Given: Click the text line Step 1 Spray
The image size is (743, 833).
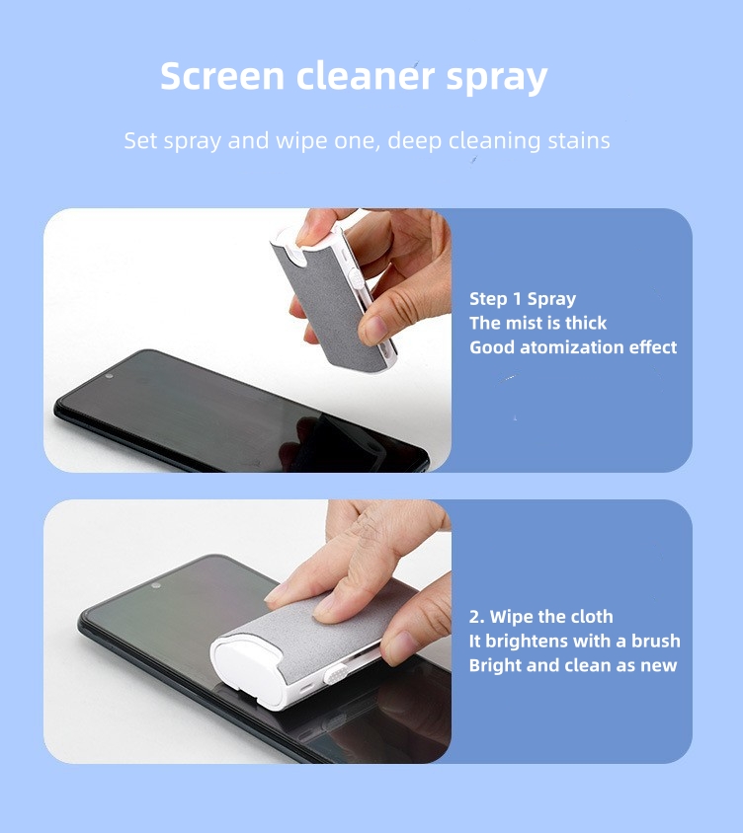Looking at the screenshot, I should (523, 299).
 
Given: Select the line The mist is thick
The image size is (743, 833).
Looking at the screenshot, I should (538, 323).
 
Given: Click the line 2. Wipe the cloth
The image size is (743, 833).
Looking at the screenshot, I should (540, 617).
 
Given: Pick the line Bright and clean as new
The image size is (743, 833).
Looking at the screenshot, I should (573, 665).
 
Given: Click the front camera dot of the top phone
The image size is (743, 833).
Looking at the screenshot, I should (108, 375).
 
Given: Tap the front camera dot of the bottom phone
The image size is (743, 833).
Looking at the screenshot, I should (155, 585).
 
